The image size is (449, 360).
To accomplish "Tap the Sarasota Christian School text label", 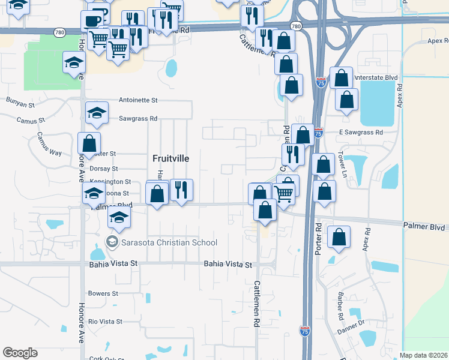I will pyautogui.click(x=168, y=242).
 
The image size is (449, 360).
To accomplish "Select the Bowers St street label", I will pyautogui.click(x=103, y=294).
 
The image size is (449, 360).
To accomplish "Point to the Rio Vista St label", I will pyautogui.click(x=105, y=322).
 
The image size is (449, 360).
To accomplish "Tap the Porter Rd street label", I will pyautogui.click(x=319, y=239).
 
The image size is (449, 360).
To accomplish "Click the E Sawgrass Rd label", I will pyautogui.click(x=361, y=132).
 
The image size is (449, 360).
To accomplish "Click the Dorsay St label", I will pyautogui.click(x=103, y=169).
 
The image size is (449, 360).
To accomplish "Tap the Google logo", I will pyautogui.click(x=20, y=353).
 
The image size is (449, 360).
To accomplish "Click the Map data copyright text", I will pyautogui.click(x=423, y=355).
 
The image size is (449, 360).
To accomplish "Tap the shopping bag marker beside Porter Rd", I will pyautogui.click(x=339, y=236).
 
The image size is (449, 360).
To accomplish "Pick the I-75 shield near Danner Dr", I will pyautogui.click(x=305, y=331).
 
